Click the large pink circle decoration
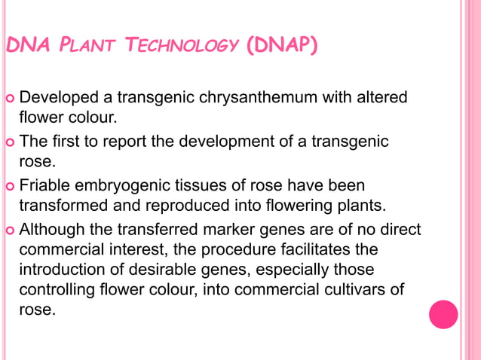click(x=443, y=314)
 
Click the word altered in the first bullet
click(x=382, y=98)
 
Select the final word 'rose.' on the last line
click(x=36, y=309)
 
